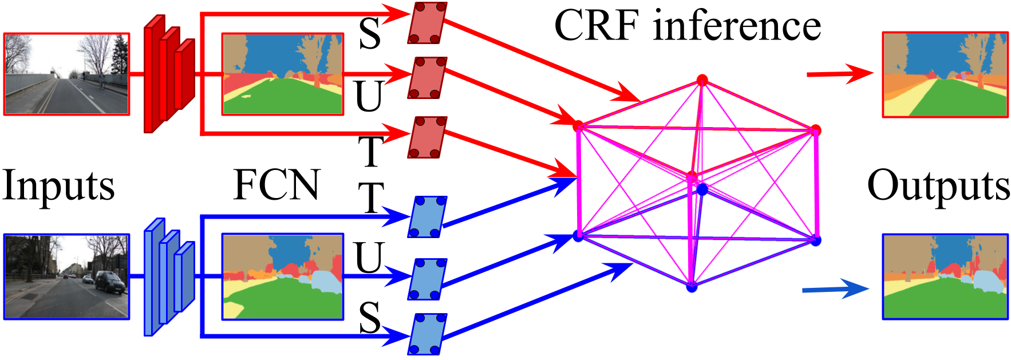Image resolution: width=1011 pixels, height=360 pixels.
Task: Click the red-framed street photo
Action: (x=66, y=74)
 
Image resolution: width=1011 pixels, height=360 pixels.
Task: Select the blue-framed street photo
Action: (x=66, y=276)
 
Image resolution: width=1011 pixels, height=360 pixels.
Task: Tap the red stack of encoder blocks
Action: (x=169, y=74)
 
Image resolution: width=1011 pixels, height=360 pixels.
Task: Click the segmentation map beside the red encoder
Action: (x=283, y=74)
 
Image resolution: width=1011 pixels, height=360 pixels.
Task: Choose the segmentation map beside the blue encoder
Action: (x=283, y=276)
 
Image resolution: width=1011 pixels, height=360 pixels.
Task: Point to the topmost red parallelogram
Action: (x=427, y=23)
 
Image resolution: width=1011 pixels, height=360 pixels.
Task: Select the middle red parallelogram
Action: (x=427, y=77)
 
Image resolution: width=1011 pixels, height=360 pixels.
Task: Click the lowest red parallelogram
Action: (x=427, y=137)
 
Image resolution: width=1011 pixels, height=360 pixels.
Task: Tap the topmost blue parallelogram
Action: (x=427, y=216)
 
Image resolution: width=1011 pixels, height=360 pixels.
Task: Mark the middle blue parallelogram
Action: (x=427, y=279)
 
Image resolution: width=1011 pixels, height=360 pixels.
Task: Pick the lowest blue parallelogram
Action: (x=427, y=334)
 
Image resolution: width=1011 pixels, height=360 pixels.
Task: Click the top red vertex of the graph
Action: (x=702, y=80)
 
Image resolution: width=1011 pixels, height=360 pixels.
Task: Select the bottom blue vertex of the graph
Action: (x=692, y=287)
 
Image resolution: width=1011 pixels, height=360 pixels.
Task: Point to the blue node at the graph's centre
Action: (x=702, y=189)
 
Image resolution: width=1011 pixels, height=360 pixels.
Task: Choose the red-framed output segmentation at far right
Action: (x=945, y=74)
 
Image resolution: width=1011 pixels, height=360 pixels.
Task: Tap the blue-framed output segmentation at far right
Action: (x=945, y=276)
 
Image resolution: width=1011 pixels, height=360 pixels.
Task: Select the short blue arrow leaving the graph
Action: (x=836, y=289)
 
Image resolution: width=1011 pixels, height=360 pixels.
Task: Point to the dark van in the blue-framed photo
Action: (x=110, y=282)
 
